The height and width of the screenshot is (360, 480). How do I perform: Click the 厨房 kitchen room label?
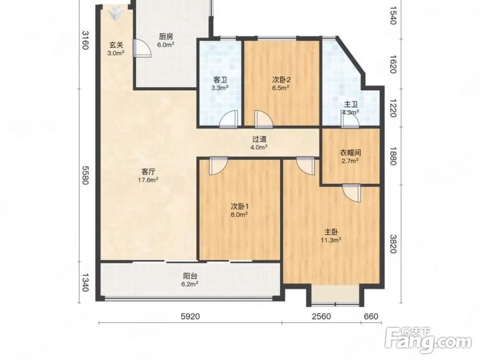[166, 37]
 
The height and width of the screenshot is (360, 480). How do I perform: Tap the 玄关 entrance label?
[116, 45]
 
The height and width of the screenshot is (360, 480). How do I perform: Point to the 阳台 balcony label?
[190, 276]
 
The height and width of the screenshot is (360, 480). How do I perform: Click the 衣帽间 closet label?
[350, 153]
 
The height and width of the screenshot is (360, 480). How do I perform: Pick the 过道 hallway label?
[259, 139]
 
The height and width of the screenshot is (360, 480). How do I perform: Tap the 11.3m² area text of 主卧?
[331, 240]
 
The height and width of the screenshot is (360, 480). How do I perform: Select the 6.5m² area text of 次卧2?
[281, 88]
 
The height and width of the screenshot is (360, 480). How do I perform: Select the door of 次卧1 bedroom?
[218, 166]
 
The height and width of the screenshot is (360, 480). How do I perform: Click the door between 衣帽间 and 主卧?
[352, 193]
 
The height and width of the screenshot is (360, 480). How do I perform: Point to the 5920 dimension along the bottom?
[190, 316]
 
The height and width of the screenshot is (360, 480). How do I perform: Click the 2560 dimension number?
[322, 316]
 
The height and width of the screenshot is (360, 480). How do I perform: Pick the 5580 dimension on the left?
[85, 175]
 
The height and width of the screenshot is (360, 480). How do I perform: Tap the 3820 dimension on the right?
[393, 244]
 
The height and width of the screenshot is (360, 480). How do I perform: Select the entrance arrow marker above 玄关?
[115, 13]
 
